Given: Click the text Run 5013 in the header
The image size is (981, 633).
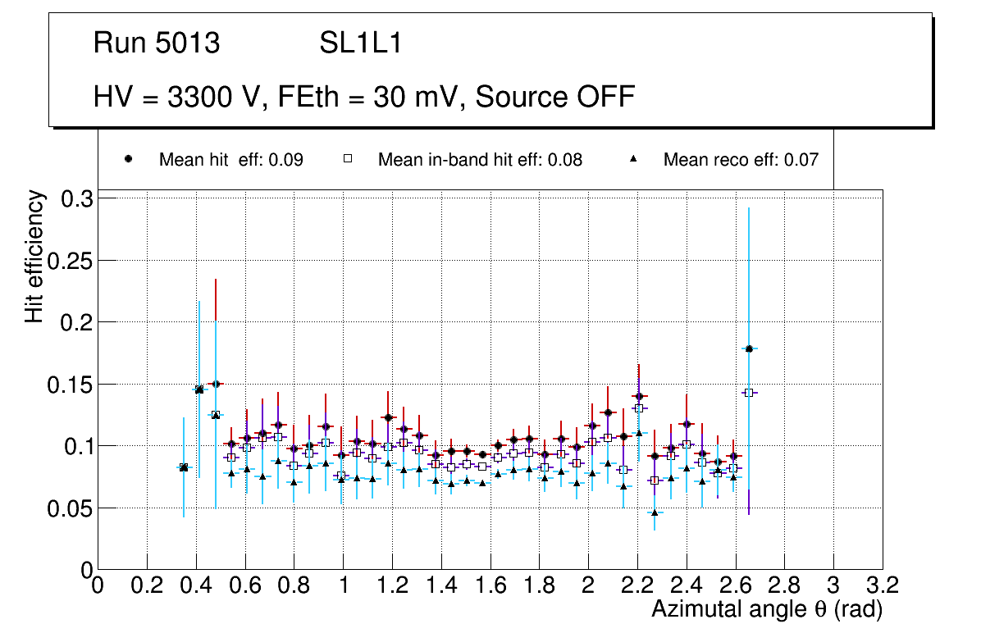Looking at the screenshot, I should (x=157, y=43).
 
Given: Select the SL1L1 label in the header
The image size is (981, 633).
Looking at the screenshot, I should (x=361, y=43).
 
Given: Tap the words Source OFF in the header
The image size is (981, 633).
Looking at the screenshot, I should (x=555, y=97).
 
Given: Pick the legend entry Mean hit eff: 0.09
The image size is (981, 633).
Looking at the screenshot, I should (x=230, y=160).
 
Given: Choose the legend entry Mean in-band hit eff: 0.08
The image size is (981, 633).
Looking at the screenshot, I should (x=480, y=160).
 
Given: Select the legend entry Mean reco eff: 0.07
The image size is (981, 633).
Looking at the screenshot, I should (x=741, y=160).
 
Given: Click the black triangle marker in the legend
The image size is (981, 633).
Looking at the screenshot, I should (x=633, y=160).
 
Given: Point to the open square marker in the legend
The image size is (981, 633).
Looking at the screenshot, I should (x=347, y=160).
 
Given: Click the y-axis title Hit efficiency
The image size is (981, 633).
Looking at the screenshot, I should (x=34, y=257).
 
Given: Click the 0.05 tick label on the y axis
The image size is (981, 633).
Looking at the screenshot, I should (x=71, y=508).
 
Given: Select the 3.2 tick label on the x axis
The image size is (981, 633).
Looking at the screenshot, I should (x=882, y=585).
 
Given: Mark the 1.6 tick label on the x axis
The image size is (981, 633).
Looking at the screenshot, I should (x=490, y=585).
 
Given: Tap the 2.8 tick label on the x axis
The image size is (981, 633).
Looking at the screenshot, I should (x=784, y=585).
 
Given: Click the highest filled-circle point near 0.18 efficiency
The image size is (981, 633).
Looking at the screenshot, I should (x=749, y=349).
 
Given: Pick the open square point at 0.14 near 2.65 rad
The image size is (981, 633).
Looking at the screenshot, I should (x=748, y=393).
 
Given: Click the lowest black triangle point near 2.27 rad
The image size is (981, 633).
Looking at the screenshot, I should (x=655, y=512).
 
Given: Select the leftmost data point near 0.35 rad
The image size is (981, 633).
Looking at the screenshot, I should (x=184, y=467).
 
